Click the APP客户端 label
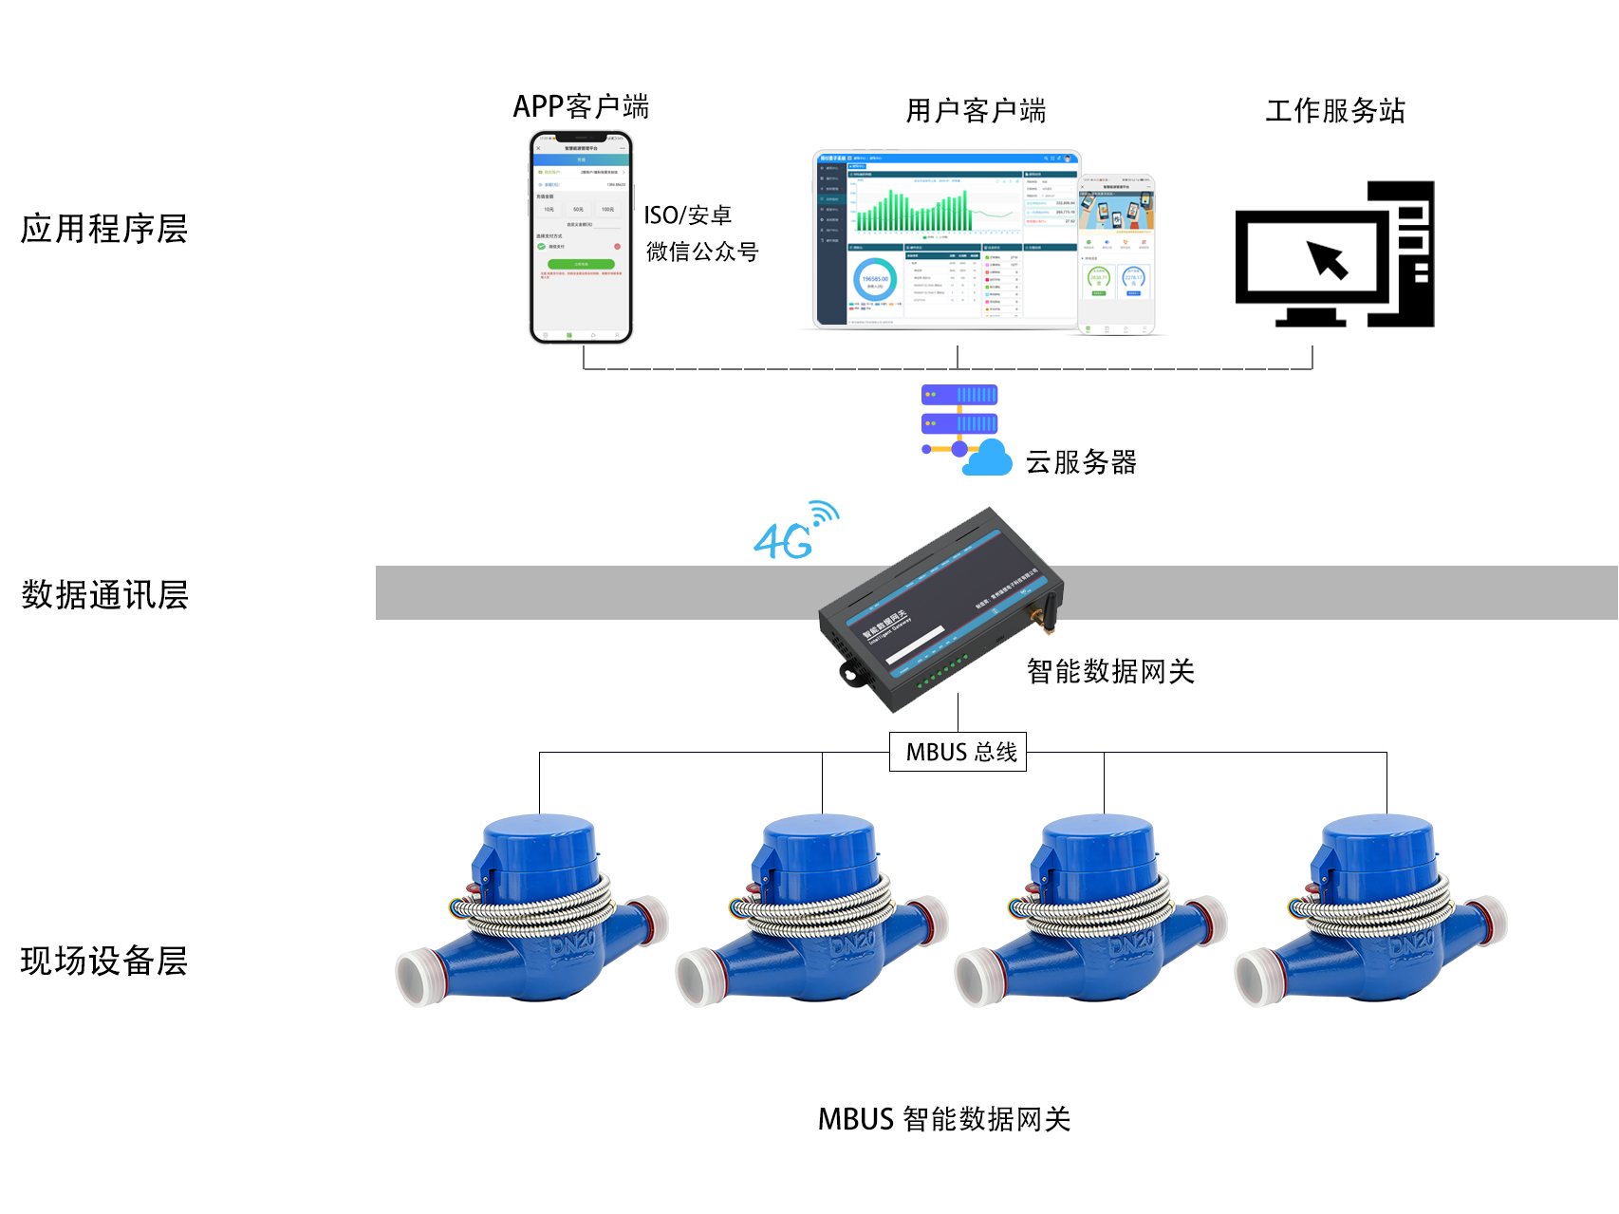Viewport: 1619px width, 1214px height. tap(581, 106)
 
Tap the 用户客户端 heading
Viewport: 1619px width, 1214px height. tap(976, 111)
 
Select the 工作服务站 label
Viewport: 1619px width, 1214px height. tap(1334, 111)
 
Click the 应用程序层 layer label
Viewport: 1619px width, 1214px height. tap(104, 229)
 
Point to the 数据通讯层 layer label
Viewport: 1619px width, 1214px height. tap(104, 595)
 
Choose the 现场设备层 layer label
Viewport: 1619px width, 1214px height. tap(104, 961)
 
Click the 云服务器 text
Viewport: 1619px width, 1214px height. tap(1081, 462)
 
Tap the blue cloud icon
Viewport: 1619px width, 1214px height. tap(988, 458)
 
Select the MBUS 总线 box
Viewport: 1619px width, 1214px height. tap(958, 752)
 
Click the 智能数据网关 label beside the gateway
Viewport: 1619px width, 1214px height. tap(1110, 672)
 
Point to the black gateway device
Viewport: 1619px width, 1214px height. tap(940, 607)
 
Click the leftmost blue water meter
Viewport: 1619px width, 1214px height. tap(531, 911)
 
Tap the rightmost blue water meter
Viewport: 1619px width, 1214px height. tap(1370, 911)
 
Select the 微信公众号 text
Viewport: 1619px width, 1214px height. tap(702, 252)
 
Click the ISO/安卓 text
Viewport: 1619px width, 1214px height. tap(687, 215)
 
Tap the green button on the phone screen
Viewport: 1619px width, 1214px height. tap(581, 264)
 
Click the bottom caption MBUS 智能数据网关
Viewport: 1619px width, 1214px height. tap(944, 1119)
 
